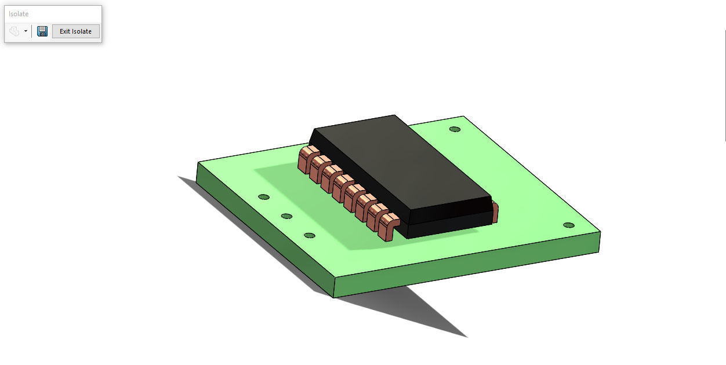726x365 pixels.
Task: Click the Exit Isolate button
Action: [x=75, y=31]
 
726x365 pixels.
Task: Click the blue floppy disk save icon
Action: [x=42, y=31]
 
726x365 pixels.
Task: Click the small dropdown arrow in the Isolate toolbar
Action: [x=26, y=31]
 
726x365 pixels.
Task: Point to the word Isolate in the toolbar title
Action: [x=19, y=14]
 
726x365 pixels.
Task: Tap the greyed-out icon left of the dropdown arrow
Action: [x=14, y=31]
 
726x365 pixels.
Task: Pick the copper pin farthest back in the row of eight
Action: [x=307, y=158]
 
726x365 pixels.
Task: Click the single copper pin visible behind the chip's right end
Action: [x=495, y=212]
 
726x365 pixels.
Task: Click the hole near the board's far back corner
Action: [x=455, y=129]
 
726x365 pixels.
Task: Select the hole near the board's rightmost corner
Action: [x=568, y=225]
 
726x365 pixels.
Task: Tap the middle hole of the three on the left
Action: [x=286, y=216]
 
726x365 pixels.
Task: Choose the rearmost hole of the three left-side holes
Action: [x=263, y=197]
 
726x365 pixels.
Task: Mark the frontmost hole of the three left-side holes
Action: [x=309, y=235]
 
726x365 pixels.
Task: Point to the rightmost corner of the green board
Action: [x=600, y=233]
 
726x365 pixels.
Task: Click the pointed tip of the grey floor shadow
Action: [x=466, y=336]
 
